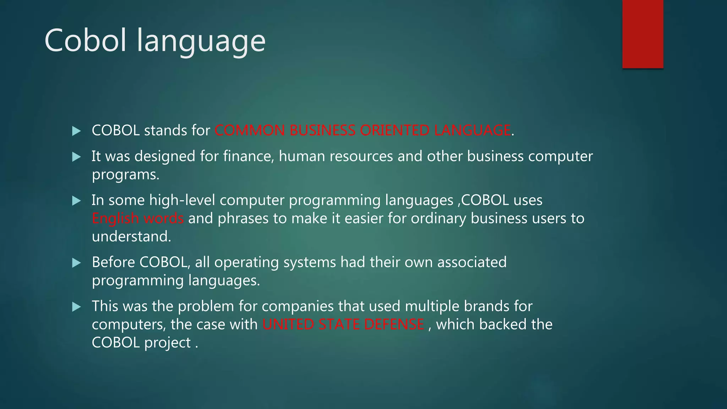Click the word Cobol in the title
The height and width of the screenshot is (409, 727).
[85, 40]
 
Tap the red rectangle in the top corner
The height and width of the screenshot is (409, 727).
[643, 34]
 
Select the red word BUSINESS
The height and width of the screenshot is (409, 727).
[322, 130]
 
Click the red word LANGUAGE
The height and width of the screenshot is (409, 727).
[472, 130]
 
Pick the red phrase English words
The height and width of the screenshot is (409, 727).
[138, 218]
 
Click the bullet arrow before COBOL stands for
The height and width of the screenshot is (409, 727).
[76, 131]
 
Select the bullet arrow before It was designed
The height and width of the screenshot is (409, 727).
[76, 157]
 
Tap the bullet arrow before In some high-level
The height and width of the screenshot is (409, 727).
[76, 201]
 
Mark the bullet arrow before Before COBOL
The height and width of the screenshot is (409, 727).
[76, 263]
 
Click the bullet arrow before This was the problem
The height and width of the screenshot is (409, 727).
[76, 307]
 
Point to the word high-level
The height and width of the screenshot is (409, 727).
[182, 200]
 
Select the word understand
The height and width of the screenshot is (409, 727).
[131, 236]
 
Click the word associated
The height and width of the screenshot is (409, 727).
[472, 262]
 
